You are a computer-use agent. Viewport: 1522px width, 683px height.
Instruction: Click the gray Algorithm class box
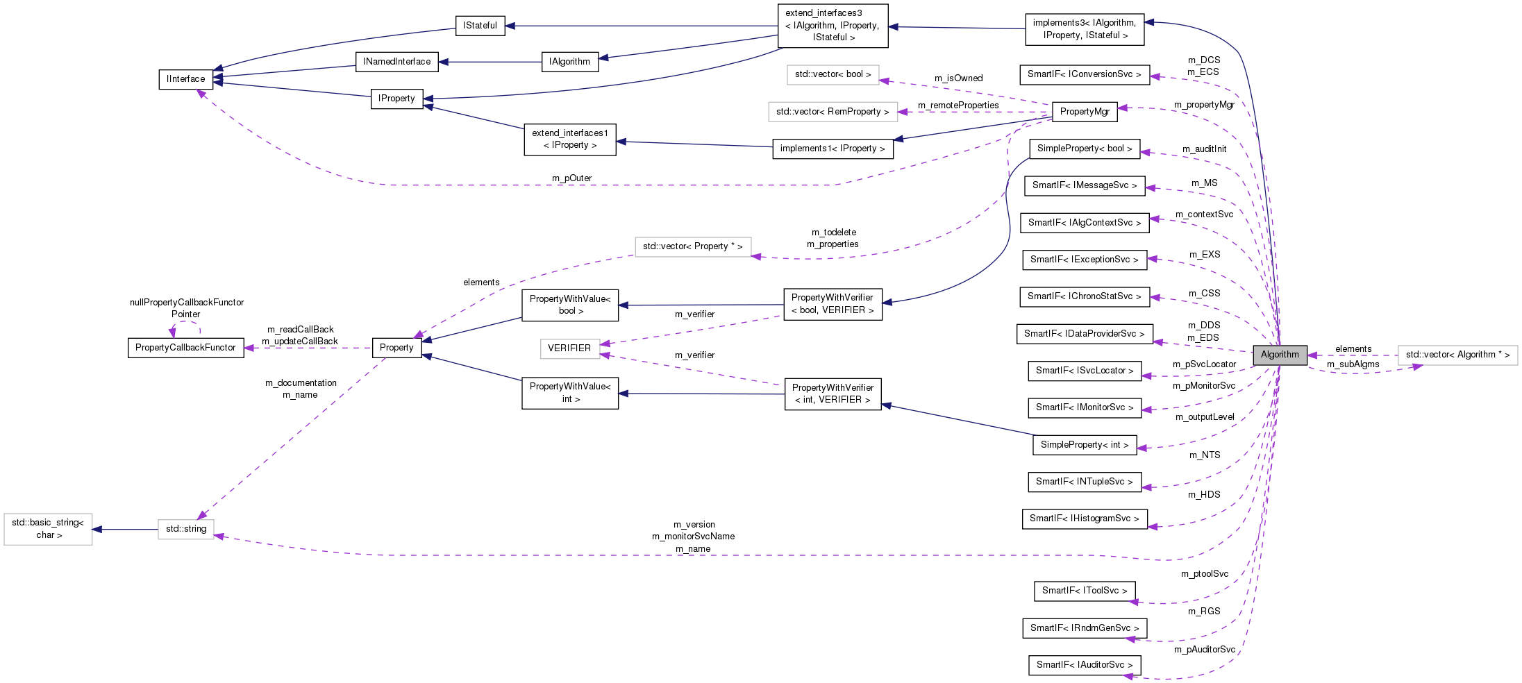click(x=1279, y=354)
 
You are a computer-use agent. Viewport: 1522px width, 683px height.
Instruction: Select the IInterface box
click(x=185, y=79)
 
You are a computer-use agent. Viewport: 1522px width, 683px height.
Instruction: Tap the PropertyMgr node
click(x=1084, y=111)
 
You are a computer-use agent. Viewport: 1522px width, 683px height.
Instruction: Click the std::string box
click(x=185, y=529)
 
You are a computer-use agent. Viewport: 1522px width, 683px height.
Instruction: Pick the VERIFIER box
click(x=569, y=348)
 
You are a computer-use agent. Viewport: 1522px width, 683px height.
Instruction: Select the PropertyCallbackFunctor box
click(x=185, y=348)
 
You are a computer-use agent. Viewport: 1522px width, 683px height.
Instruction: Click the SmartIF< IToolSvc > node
click(x=1084, y=591)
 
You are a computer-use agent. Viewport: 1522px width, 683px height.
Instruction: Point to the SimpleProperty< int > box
click(x=1084, y=445)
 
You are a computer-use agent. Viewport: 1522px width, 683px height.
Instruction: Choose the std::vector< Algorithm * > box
click(x=1457, y=355)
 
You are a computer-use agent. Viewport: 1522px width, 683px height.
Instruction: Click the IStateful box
click(x=480, y=26)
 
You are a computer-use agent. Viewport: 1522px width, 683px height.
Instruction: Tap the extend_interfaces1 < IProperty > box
click(x=569, y=139)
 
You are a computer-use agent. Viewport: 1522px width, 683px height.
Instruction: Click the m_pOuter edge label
click(x=571, y=178)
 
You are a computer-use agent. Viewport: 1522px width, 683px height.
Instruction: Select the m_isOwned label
click(x=958, y=78)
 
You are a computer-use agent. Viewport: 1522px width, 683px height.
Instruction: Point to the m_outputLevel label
click(x=1204, y=417)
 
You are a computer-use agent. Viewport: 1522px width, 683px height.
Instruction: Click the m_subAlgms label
click(x=1353, y=364)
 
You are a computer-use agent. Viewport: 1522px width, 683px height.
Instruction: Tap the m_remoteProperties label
click(x=958, y=106)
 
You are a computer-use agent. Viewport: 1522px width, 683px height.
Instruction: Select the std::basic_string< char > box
click(x=48, y=529)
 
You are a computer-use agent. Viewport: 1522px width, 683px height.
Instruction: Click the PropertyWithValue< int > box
click(x=569, y=393)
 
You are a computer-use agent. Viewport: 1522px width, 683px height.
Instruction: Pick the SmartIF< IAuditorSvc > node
click(x=1084, y=665)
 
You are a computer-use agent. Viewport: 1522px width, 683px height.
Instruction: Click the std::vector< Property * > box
click(x=692, y=246)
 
